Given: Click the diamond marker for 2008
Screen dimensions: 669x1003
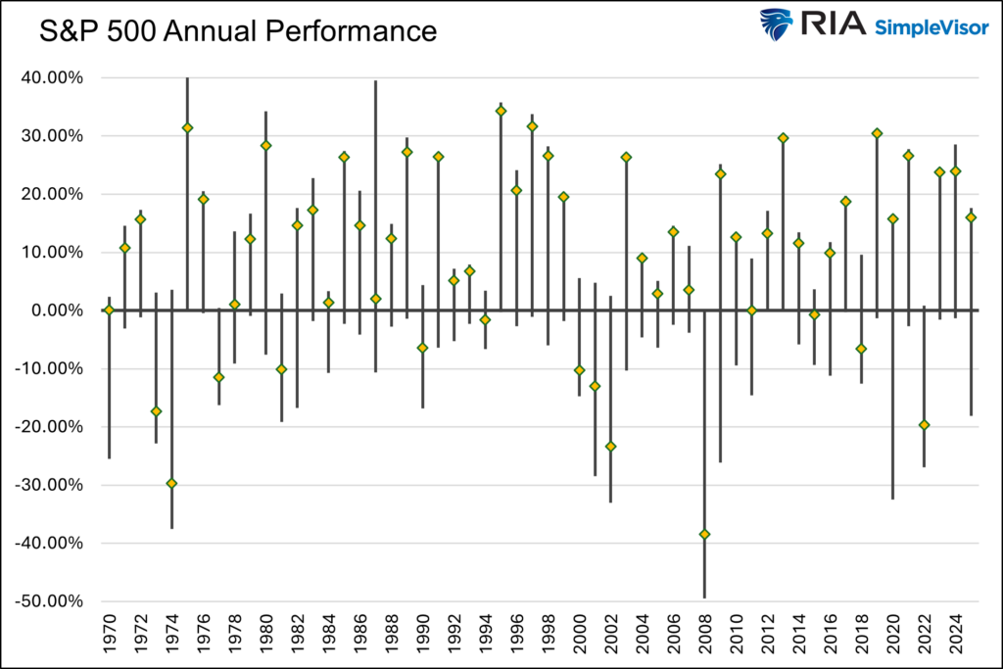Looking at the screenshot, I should tap(704, 534).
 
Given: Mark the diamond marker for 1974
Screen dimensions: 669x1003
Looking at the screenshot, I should tap(171, 483).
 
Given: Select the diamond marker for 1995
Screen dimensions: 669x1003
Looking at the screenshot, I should tap(501, 111).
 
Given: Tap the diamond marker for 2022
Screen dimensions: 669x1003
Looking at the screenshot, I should tap(924, 424).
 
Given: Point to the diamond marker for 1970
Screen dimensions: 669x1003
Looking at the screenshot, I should tap(109, 310).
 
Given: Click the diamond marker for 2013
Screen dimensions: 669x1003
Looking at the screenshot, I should tap(783, 138).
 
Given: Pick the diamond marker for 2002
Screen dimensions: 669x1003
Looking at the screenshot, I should tap(610, 446).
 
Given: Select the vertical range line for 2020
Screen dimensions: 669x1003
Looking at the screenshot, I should tap(892, 392).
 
